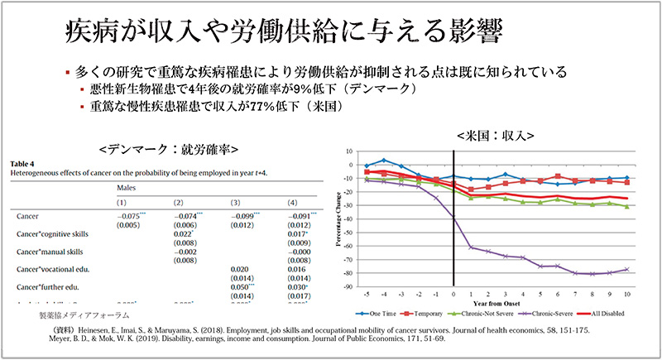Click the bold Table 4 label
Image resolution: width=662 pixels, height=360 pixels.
click(x=22, y=165)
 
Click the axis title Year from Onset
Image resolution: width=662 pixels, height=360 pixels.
click(x=496, y=303)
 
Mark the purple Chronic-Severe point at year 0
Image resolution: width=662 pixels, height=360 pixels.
click(x=454, y=217)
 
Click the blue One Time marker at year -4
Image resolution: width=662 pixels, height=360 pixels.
click(x=385, y=161)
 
